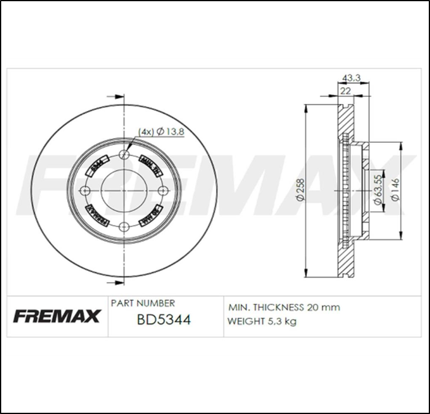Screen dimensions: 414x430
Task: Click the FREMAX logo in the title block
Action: tap(57, 316)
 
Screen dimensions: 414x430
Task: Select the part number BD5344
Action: tap(163, 320)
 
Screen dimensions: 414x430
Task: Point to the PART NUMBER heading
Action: tap(143, 304)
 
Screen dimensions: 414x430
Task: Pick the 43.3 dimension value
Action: tap(351, 78)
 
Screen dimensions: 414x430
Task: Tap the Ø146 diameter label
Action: tap(395, 190)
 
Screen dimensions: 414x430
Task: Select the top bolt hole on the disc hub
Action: tap(124, 156)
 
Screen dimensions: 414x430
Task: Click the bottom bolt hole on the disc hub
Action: tap(124, 226)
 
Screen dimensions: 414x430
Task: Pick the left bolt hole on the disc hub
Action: tap(85, 191)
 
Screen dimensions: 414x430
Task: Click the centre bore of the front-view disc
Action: tap(124, 191)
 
